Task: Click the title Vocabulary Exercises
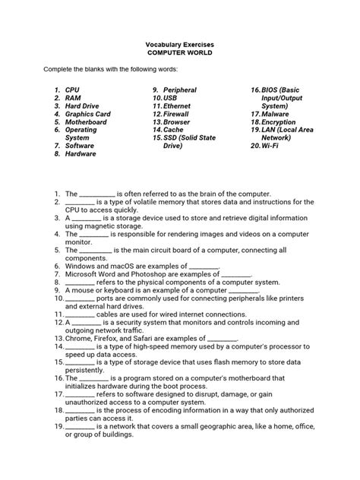coord(180,44)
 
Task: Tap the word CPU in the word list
coord(72,90)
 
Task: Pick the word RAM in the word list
coord(73,98)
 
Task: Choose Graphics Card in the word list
coord(87,114)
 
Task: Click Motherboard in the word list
coord(86,122)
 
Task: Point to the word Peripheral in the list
coord(180,90)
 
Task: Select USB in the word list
coord(171,98)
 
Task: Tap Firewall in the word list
coord(177,114)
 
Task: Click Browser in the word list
coord(176,122)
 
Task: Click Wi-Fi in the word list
coord(270,146)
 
